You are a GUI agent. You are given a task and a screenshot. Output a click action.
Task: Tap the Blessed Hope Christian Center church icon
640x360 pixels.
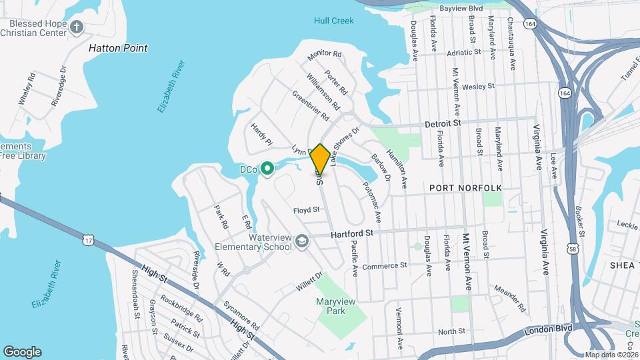tap(77, 27)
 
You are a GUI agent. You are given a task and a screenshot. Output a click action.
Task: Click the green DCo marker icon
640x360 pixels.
tap(267, 169)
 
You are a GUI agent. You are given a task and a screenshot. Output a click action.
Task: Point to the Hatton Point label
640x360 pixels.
tap(119, 48)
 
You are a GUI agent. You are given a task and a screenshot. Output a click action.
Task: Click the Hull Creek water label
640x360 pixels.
tap(333, 21)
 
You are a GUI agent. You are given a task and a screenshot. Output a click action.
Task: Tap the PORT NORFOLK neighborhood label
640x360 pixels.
tap(465, 189)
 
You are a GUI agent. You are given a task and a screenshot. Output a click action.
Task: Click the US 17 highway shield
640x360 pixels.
tap(89, 239)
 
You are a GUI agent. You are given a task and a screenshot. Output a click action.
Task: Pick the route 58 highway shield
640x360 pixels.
tap(573, 249)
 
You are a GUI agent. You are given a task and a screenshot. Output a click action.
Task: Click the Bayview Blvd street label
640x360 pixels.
tap(465, 8)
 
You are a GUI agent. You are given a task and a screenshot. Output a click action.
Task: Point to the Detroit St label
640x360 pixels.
tap(443, 124)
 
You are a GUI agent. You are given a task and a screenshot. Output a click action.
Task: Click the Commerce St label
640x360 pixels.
tap(385, 265)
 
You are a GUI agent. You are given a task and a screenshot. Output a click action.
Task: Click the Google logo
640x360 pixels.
tap(22, 351)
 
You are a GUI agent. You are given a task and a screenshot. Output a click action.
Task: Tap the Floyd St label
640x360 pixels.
tap(307, 210)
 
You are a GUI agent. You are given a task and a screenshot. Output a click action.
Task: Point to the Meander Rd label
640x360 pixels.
tap(510, 299)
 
